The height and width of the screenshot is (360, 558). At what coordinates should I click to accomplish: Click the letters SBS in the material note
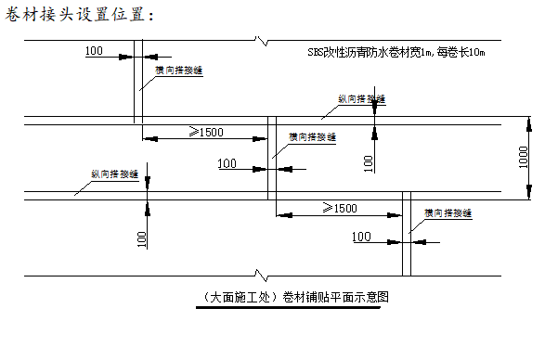318,54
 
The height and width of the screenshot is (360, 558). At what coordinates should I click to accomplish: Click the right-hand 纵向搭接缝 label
362,97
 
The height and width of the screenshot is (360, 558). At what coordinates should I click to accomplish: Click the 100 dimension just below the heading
94,49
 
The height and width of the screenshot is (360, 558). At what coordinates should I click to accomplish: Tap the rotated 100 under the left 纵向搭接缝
142,238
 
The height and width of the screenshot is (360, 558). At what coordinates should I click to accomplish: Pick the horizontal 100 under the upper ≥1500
228,164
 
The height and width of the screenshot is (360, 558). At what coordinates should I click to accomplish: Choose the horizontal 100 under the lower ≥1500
362,238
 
